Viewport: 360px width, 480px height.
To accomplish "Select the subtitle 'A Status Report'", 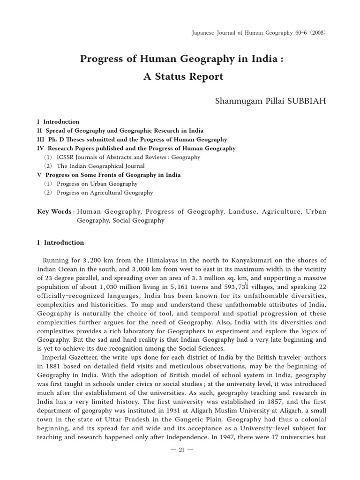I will [183, 77].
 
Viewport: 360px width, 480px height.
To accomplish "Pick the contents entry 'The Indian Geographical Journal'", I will [100, 166].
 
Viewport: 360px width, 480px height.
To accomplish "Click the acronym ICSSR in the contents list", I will [66, 157].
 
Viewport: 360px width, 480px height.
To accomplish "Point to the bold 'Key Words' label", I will [54, 211].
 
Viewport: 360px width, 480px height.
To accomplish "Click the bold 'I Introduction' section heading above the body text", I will [60, 242].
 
